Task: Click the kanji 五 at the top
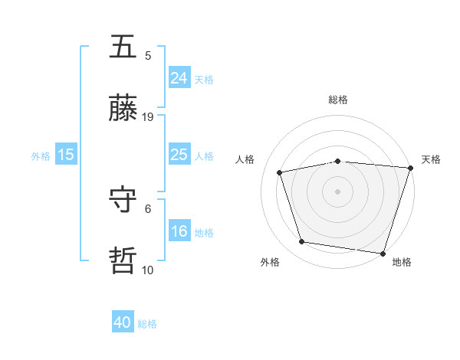123,47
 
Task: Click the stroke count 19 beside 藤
148,117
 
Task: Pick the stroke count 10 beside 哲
148,270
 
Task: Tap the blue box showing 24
179,78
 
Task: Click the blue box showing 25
179,155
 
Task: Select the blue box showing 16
179,231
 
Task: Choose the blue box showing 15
66,155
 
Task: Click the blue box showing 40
123,323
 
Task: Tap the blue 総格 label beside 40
147,324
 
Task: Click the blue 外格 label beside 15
41,155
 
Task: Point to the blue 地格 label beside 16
204,232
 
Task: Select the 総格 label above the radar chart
337,100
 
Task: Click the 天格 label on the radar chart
432,159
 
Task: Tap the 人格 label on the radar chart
245,159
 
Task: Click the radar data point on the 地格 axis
382,252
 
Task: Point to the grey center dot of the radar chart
337,191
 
